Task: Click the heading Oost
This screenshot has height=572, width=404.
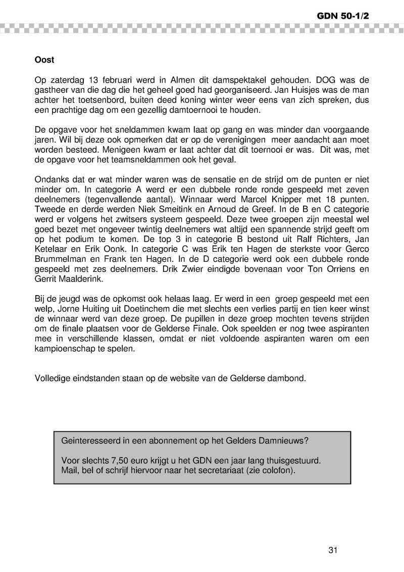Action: pyautogui.click(x=44, y=60)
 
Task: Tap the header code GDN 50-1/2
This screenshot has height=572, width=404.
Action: pyautogui.click(x=343, y=16)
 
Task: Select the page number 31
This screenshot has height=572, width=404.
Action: pyautogui.click(x=332, y=550)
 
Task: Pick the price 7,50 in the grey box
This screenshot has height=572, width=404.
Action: pyautogui.click(x=108, y=462)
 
